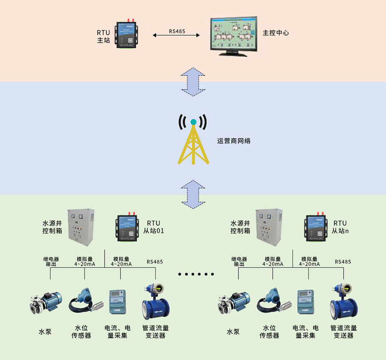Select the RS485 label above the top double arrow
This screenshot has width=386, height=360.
[x=177, y=31]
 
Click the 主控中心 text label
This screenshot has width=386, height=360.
[x=276, y=33]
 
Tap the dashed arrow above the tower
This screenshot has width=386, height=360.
[x=193, y=81]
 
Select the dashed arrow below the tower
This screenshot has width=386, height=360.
[x=193, y=194]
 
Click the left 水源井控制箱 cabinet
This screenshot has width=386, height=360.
[x=81, y=228]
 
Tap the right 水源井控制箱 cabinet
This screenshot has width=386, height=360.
[x=269, y=228]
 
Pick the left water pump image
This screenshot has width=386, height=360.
[x=45, y=303]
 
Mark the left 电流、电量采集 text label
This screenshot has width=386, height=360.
[x=118, y=332]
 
